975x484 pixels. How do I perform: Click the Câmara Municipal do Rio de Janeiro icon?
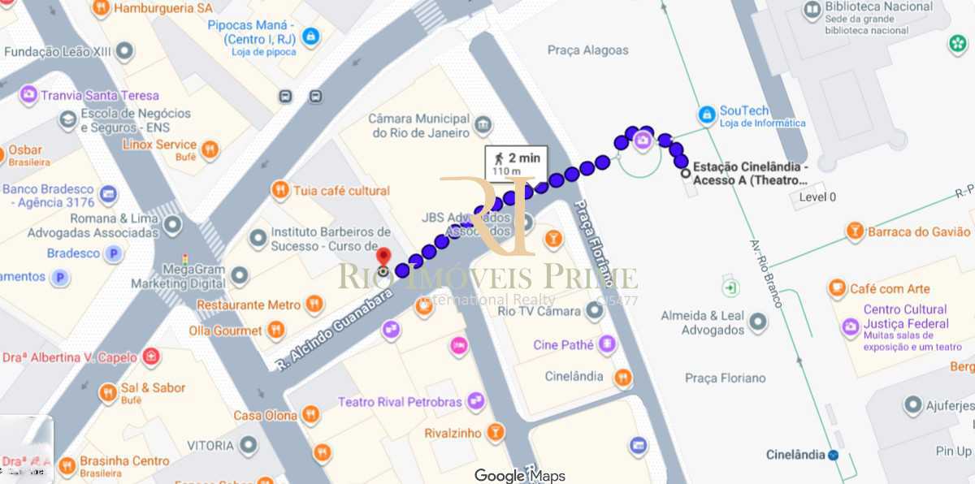[483, 125]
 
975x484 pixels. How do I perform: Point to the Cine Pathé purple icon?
[607, 344]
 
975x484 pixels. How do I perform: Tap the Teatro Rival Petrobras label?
[400, 402]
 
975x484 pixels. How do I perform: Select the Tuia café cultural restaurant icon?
[280, 190]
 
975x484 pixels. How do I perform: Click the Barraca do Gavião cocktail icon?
[855, 231]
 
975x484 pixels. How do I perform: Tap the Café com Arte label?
[890, 288]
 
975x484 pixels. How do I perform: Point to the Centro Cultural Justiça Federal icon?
[850, 326]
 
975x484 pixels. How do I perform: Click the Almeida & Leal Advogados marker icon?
[758, 322]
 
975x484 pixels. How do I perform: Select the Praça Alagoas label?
[587, 50]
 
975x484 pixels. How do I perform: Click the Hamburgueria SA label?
[163, 8]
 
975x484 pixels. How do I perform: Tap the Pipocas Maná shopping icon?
[310, 37]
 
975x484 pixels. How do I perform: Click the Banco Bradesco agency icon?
[108, 195]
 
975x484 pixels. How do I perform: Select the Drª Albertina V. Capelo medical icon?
[150, 357]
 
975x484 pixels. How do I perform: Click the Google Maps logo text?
[520, 476]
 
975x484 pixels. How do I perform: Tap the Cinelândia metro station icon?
[834, 455]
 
